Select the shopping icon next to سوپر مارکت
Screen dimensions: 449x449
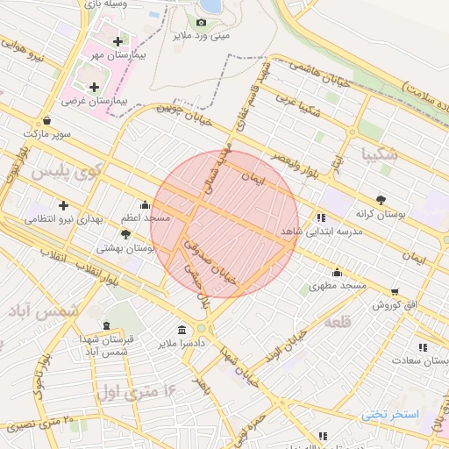point(46,121)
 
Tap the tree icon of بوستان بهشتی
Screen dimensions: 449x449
point(125,234)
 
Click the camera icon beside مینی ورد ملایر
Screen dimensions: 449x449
point(202,22)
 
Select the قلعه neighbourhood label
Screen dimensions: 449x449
point(338,323)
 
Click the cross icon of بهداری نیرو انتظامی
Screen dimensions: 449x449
point(62,205)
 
